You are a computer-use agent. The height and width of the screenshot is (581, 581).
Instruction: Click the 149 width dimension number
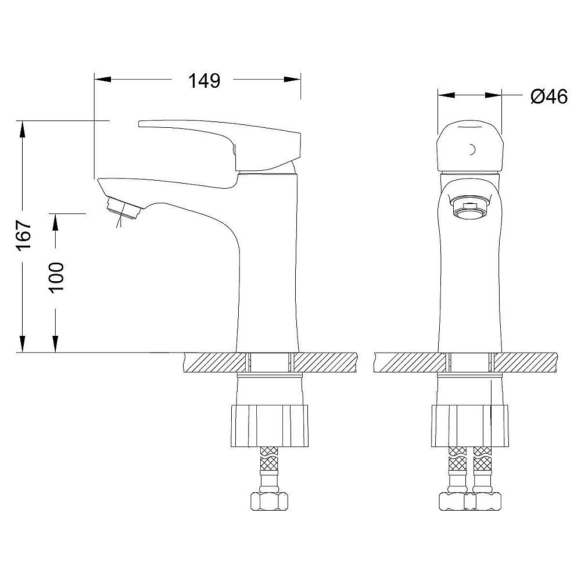(204, 81)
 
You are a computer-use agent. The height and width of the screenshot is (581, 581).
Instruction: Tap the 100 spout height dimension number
(57, 278)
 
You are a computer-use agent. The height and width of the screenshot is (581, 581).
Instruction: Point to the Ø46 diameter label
(549, 96)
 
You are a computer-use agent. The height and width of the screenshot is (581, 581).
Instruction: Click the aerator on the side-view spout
(123, 208)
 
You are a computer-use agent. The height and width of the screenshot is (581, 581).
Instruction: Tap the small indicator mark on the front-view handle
(472, 149)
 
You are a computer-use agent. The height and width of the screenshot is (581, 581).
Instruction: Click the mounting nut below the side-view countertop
(270, 426)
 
